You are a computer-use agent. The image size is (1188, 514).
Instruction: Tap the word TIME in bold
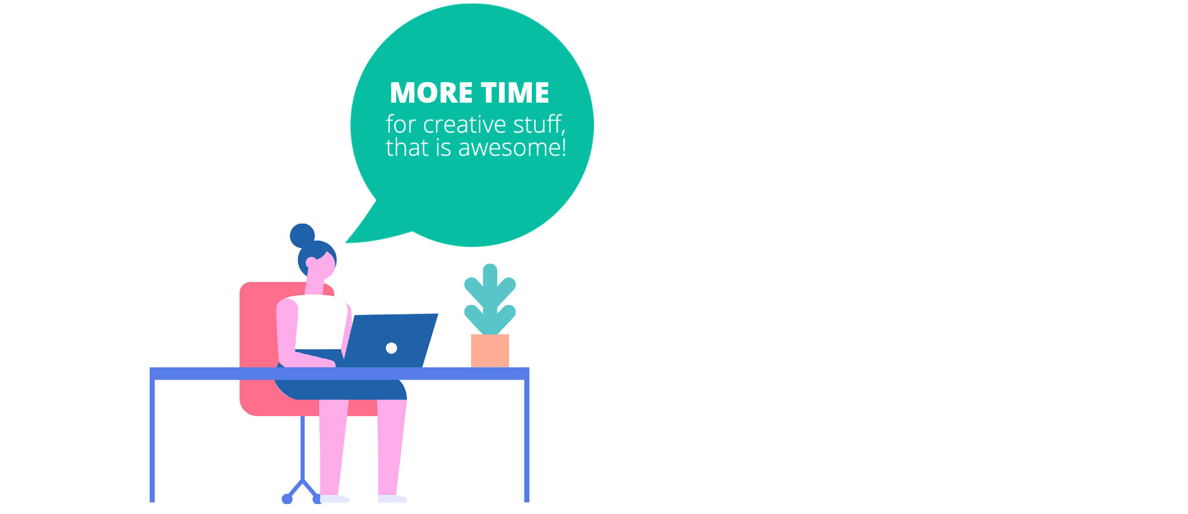515,93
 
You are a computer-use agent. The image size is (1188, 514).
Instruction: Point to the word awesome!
512,148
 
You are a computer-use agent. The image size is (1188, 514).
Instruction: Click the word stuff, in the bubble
539,125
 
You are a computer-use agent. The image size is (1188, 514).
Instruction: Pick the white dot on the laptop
392,348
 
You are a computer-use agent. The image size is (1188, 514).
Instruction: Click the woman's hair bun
302,235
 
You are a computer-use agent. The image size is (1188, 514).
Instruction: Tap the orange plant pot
490,351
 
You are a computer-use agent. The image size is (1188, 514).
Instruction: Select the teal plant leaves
490,299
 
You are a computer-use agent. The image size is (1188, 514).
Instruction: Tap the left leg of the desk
152,440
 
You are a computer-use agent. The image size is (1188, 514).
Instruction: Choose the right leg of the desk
526,440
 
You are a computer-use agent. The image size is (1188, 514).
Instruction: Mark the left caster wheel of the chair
287,499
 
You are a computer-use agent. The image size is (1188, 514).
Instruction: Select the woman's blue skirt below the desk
340,390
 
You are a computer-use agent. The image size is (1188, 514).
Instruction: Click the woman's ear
311,262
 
